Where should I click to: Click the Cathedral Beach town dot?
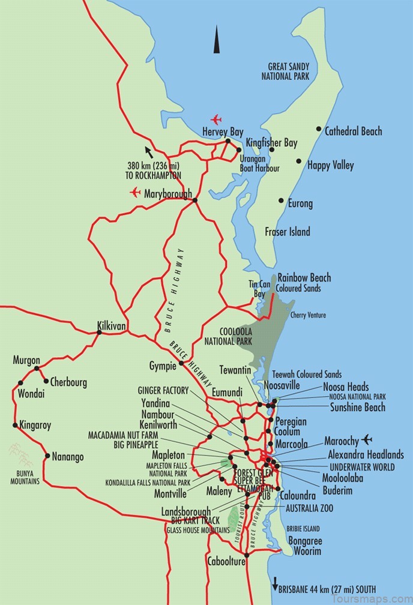[x=319, y=129]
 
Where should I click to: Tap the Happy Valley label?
[x=330, y=165]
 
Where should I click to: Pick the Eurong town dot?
[x=280, y=201]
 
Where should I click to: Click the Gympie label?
[x=162, y=366]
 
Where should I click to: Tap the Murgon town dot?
[x=37, y=369]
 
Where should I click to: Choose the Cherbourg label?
[x=68, y=382]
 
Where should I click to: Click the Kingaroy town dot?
[x=15, y=425]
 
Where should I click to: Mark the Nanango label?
[x=68, y=457]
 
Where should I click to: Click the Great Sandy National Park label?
[x=285, y=71]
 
